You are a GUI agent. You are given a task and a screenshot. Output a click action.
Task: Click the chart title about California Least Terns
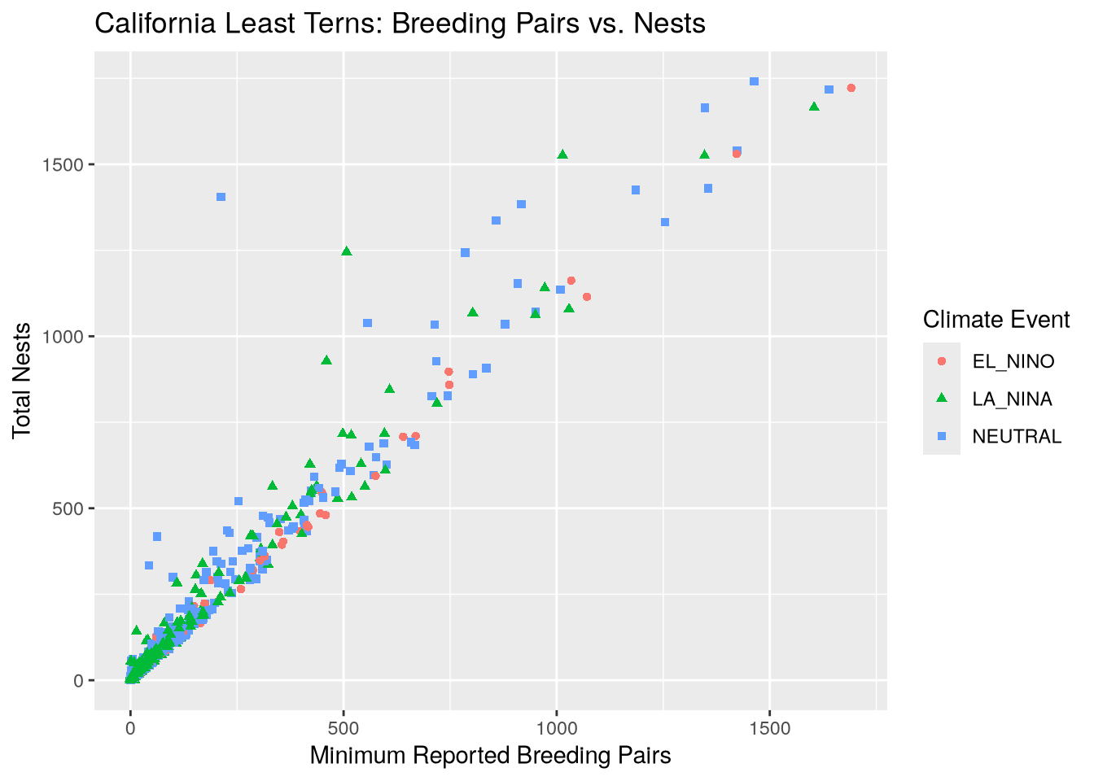400,24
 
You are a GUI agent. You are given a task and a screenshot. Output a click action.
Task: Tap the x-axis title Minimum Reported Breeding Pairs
490,756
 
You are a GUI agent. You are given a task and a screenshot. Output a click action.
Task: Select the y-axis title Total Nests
23,380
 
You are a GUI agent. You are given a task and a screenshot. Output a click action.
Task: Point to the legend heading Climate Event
996,320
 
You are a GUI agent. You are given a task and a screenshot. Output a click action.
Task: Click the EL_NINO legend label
1013,361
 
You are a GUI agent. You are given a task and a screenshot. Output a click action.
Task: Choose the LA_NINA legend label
1013,399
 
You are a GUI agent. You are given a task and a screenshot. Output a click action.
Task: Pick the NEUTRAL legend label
1017,437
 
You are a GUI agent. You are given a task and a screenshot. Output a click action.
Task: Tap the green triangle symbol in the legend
942,398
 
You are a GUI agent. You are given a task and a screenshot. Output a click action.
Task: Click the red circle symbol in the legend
942,361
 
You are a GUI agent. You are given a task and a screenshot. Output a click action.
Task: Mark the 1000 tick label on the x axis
557,728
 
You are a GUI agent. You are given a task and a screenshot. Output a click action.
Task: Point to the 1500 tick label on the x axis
770,728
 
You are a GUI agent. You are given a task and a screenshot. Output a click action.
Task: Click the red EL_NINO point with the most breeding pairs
851,88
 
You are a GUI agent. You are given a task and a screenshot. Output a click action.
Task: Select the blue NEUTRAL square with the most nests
754,81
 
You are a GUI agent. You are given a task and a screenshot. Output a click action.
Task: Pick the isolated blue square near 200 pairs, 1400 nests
221,197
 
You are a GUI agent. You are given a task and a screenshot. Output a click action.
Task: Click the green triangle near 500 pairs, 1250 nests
347,251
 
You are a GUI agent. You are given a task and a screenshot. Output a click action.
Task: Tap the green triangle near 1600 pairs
814,107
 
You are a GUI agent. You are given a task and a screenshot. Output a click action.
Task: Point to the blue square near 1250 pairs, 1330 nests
665,222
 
